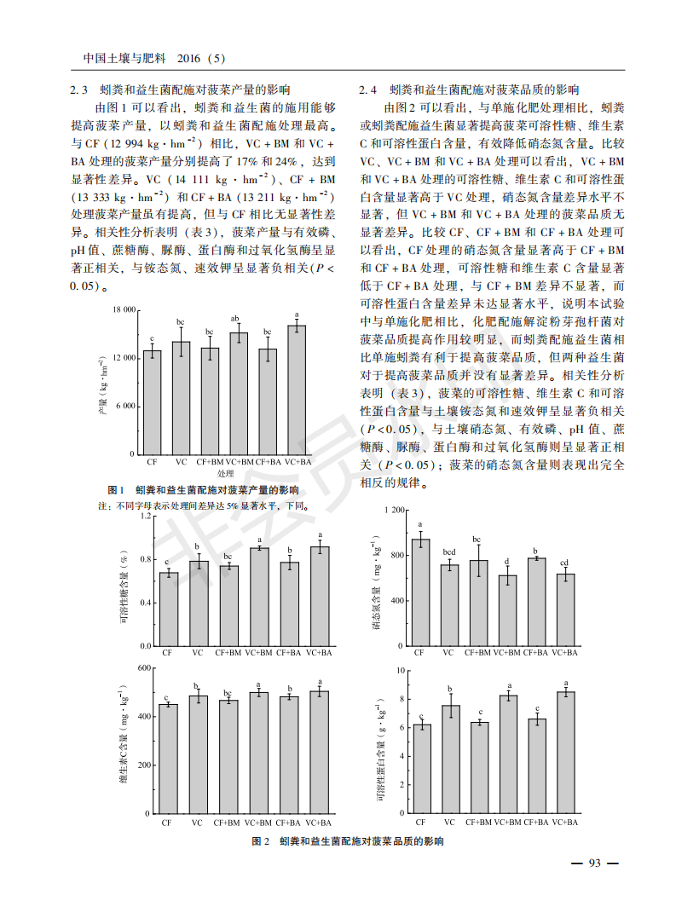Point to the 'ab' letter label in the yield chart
pyautogui.click(x=239, y=319)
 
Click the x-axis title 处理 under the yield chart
pyautogui.click(x=225, y=473)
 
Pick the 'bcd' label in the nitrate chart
pyautogui.click(x=448, y=552)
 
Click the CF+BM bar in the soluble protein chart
pyautogui.click(x=479, y=768)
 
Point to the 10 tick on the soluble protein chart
pyautogui.click(x=397, y=670)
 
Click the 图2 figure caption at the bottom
pyautogui.click(x=348, y=842)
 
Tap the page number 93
pyautogui.click(x=594, y=863)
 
